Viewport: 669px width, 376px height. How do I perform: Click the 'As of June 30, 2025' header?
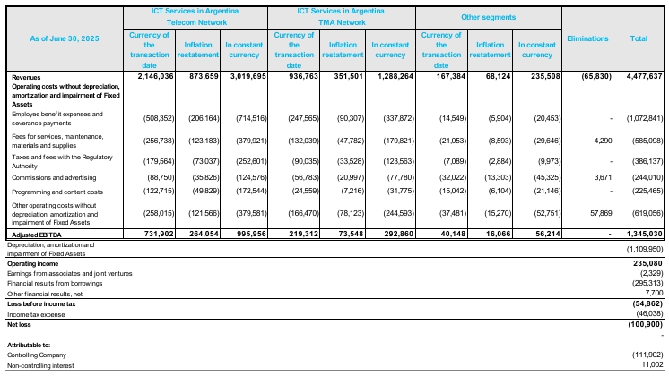(65, 38)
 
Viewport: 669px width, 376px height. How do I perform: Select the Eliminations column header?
(587, 38)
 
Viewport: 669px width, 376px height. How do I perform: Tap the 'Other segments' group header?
(488, 18)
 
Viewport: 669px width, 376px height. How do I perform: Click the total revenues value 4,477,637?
(644, 77)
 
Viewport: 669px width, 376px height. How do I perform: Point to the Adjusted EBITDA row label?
(37, 235)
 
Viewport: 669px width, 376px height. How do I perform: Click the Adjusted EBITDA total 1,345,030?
(644, 234)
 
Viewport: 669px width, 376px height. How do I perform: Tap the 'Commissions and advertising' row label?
(54, 178)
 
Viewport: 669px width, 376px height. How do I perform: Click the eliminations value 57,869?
(601, 213)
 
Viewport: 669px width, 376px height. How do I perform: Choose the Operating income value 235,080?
(648, 263)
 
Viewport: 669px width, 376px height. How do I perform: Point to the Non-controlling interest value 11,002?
(652, 365)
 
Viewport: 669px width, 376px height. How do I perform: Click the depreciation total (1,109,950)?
(645, 249)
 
